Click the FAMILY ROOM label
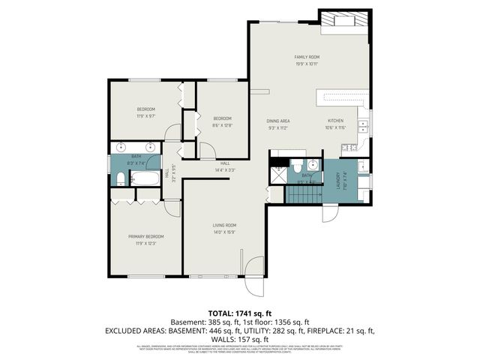pos(307,57)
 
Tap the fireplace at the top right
pos(344,22)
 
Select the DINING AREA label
pos(278,121)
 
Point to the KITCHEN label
pos(335,121)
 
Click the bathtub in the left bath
pos(142,179)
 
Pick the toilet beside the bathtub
pos(119,178)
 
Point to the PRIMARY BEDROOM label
pos(145,236)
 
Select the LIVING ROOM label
pos(225,225)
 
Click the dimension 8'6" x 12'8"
pos(223,125)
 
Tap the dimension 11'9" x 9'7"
pos(145,116)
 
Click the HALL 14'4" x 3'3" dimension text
pos(225,170)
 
